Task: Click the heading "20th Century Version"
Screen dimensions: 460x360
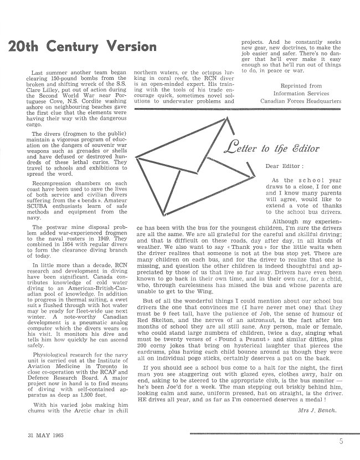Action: point(80,45)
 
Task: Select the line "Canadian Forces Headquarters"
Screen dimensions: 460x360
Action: point(299,101)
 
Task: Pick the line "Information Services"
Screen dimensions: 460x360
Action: point(299,94)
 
